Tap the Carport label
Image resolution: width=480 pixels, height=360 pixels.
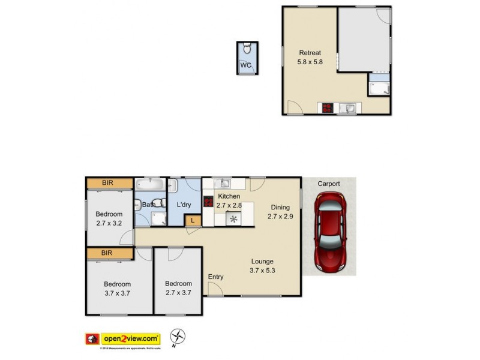329,184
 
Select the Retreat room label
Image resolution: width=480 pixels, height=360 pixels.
310,52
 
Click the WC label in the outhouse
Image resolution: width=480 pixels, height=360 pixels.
246,65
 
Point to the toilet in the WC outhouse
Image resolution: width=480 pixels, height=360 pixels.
247,49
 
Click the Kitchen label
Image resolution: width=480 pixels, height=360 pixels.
229,196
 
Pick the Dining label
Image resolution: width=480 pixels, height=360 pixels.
280,208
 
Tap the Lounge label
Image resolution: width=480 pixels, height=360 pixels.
262,262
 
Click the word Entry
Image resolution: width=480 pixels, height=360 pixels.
216,277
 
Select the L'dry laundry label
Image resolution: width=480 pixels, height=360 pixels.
184,205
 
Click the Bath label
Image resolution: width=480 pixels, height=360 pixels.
148,205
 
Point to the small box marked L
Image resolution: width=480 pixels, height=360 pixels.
192,220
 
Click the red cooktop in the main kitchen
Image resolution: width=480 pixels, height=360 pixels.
208,202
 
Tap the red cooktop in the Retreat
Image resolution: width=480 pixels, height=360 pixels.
328,109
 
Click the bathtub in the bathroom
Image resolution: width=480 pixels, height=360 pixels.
151,184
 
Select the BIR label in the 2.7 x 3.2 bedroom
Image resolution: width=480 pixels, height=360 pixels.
108,182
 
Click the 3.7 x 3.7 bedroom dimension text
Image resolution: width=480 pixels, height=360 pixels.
117,293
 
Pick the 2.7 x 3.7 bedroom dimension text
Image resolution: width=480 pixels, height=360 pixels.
178,293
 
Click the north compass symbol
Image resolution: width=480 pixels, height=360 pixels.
178,337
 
